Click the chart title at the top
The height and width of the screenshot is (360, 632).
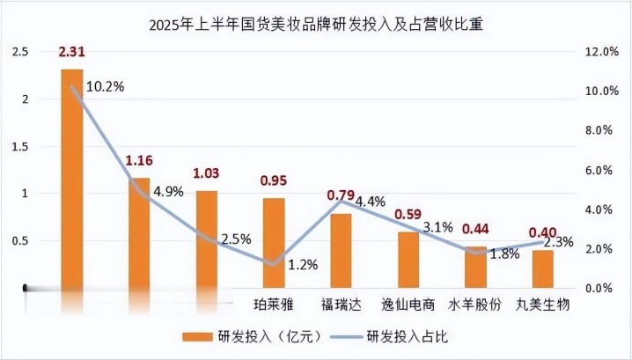click(316, 26)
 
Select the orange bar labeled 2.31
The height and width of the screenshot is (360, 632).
click(71, 176)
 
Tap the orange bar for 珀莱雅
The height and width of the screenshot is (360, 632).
click(274, 242)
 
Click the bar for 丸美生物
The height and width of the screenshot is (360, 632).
click(543, 268)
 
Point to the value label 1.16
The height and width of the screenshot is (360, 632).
click(139, 161)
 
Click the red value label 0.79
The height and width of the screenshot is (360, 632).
click(341, 195)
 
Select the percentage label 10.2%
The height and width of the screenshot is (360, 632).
click(105, 86)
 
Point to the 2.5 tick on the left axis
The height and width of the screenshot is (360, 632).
click(18, 53)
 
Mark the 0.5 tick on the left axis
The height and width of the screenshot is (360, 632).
click(18, 240)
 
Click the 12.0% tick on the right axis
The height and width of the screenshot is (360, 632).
click(603, 53)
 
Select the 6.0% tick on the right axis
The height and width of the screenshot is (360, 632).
click(603, 170)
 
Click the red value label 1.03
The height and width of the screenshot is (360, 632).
click(206, 173)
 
